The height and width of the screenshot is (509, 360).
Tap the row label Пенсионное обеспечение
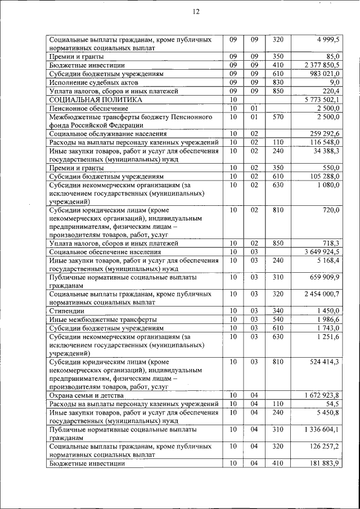click(88, 108)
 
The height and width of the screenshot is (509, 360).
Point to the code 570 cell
click(278, 116)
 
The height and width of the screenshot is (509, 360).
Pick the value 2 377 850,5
click(319, 65)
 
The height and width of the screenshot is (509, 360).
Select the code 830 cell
click(278, 82)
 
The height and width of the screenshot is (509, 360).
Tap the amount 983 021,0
click(322, 74)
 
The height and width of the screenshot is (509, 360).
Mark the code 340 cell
click(278, 310)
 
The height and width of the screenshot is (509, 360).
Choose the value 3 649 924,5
click(319, 251)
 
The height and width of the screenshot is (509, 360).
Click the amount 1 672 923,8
click(319, 395)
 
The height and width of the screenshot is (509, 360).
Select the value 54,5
click(332, 404)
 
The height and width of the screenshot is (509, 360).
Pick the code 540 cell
click(278, 319)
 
